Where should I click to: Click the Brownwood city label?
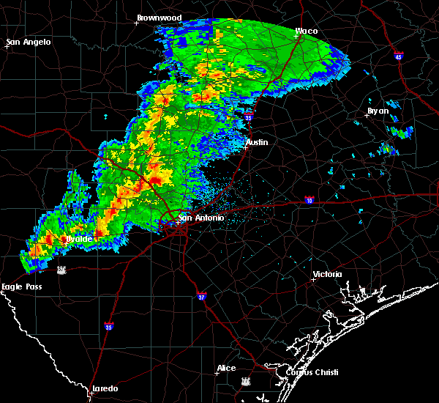160,17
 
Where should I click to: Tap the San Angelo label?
29,42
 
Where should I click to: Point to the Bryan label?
378,112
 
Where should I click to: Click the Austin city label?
257,142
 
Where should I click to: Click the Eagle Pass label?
22,286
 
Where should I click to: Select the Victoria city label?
327,274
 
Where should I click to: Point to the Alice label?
226,368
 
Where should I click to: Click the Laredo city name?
105,388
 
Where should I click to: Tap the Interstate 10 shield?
309,200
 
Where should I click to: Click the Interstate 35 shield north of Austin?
248,116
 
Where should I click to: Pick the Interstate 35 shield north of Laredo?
109,327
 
